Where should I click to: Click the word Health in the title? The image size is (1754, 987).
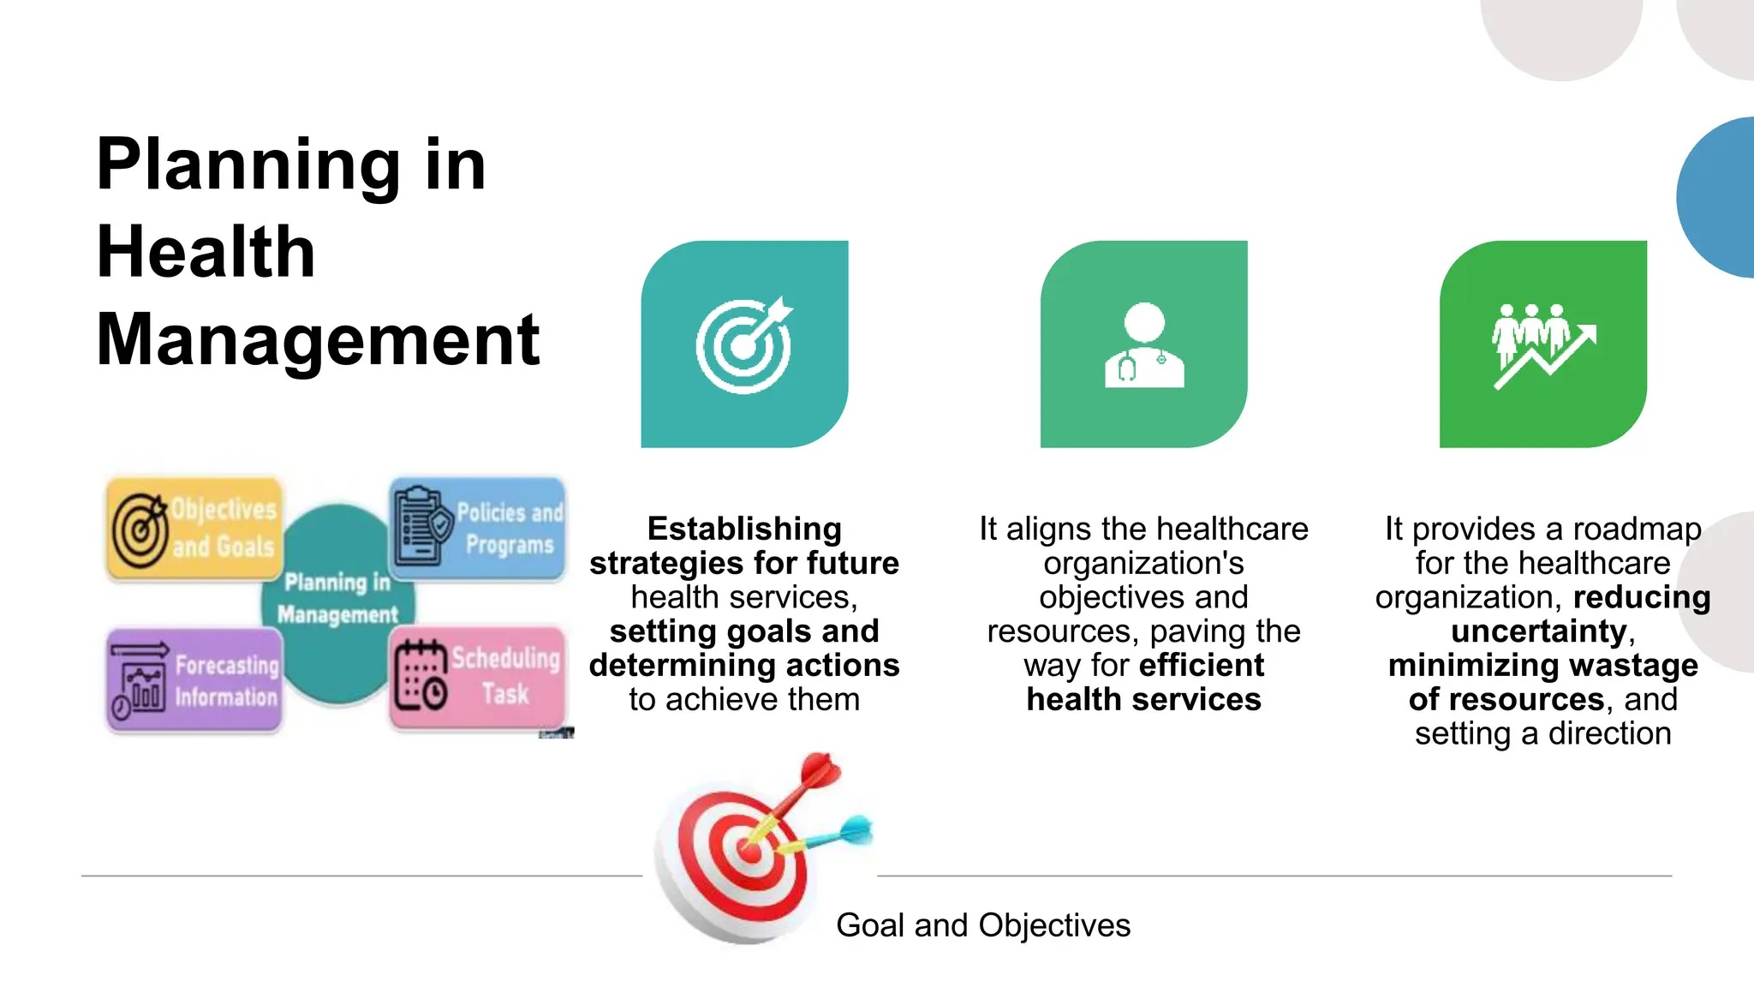click(x=206, y=252)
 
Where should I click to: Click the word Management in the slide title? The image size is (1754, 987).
click(x=318, y=339)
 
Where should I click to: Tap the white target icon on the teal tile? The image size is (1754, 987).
click(x=743, y=344)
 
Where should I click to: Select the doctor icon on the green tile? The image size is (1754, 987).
click(x=1144, y=346)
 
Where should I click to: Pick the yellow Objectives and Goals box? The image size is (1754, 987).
click(x=194, y=529)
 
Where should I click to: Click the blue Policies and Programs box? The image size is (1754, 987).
click(x=478, y=529)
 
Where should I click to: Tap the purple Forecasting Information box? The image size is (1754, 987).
click(x=194, y=680)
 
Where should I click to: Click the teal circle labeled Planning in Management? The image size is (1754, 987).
click(x=338, y=600)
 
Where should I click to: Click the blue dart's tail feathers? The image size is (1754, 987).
click(x=856, y=829)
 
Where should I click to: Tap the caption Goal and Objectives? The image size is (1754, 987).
click(x=982, y=925)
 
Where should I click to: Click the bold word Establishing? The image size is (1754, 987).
click(x=744, y=529)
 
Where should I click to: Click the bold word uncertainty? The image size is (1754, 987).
click(x=1538, y=631)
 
